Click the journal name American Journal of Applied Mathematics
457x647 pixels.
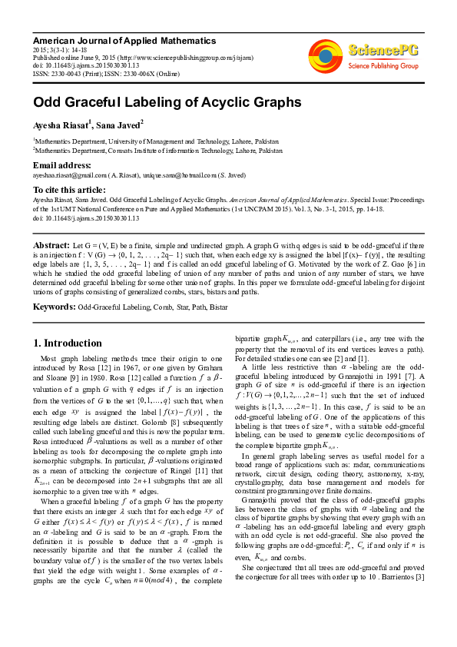[124, 40]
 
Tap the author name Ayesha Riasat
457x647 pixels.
[61, 124]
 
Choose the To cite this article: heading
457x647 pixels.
[69, 190]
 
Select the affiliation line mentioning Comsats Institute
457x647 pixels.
[157, 151]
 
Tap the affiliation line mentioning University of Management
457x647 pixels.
[157, 141]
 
